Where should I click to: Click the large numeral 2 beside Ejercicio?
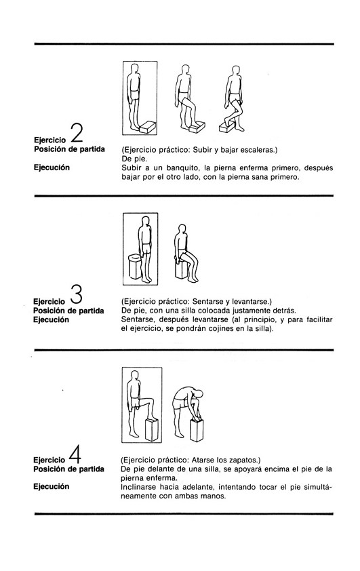[76, 134]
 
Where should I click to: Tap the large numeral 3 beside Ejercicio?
[76, 294]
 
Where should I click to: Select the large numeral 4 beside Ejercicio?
[75, 454]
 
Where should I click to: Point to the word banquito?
[181, 168]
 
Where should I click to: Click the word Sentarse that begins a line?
[136, 319]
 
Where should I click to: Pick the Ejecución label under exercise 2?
[52, 168]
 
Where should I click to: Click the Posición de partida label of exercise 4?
[68, 469]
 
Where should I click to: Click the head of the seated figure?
[181, 229]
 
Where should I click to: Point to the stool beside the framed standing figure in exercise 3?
[135, 267]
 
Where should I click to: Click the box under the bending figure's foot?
[197, 430]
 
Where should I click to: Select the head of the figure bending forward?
[199, 394]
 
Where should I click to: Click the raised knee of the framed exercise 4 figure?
[150, 400]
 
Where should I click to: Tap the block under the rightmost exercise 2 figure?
[226, 126]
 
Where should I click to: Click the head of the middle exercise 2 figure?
[185, 70]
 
